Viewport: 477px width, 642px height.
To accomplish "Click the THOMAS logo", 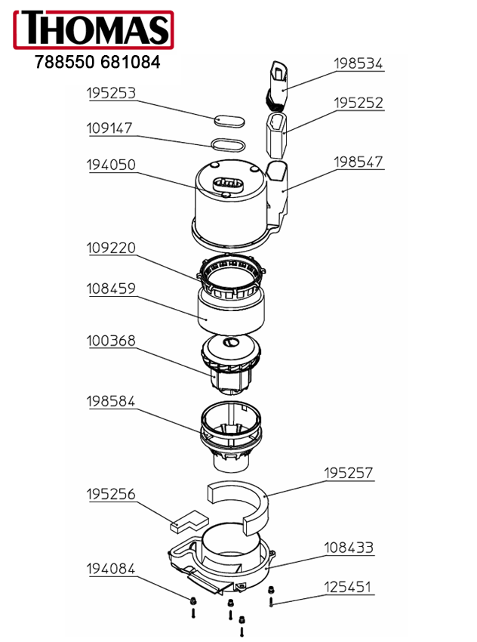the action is coord(94,30).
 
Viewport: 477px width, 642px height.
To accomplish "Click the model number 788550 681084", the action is coord(97,62).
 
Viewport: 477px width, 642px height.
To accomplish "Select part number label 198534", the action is coord(358,63).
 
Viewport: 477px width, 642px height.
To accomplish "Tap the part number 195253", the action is coord(111,93).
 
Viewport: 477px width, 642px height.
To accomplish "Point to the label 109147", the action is coord(109,128).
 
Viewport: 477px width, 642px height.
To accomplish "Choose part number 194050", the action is coord(111,165).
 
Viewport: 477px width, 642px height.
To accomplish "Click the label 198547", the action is coord(359,162).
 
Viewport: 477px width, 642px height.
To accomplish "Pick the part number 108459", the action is coord(111,289).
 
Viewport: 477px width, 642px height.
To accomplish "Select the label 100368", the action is coord(111,341).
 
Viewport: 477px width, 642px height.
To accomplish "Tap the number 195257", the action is coord(349,473).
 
